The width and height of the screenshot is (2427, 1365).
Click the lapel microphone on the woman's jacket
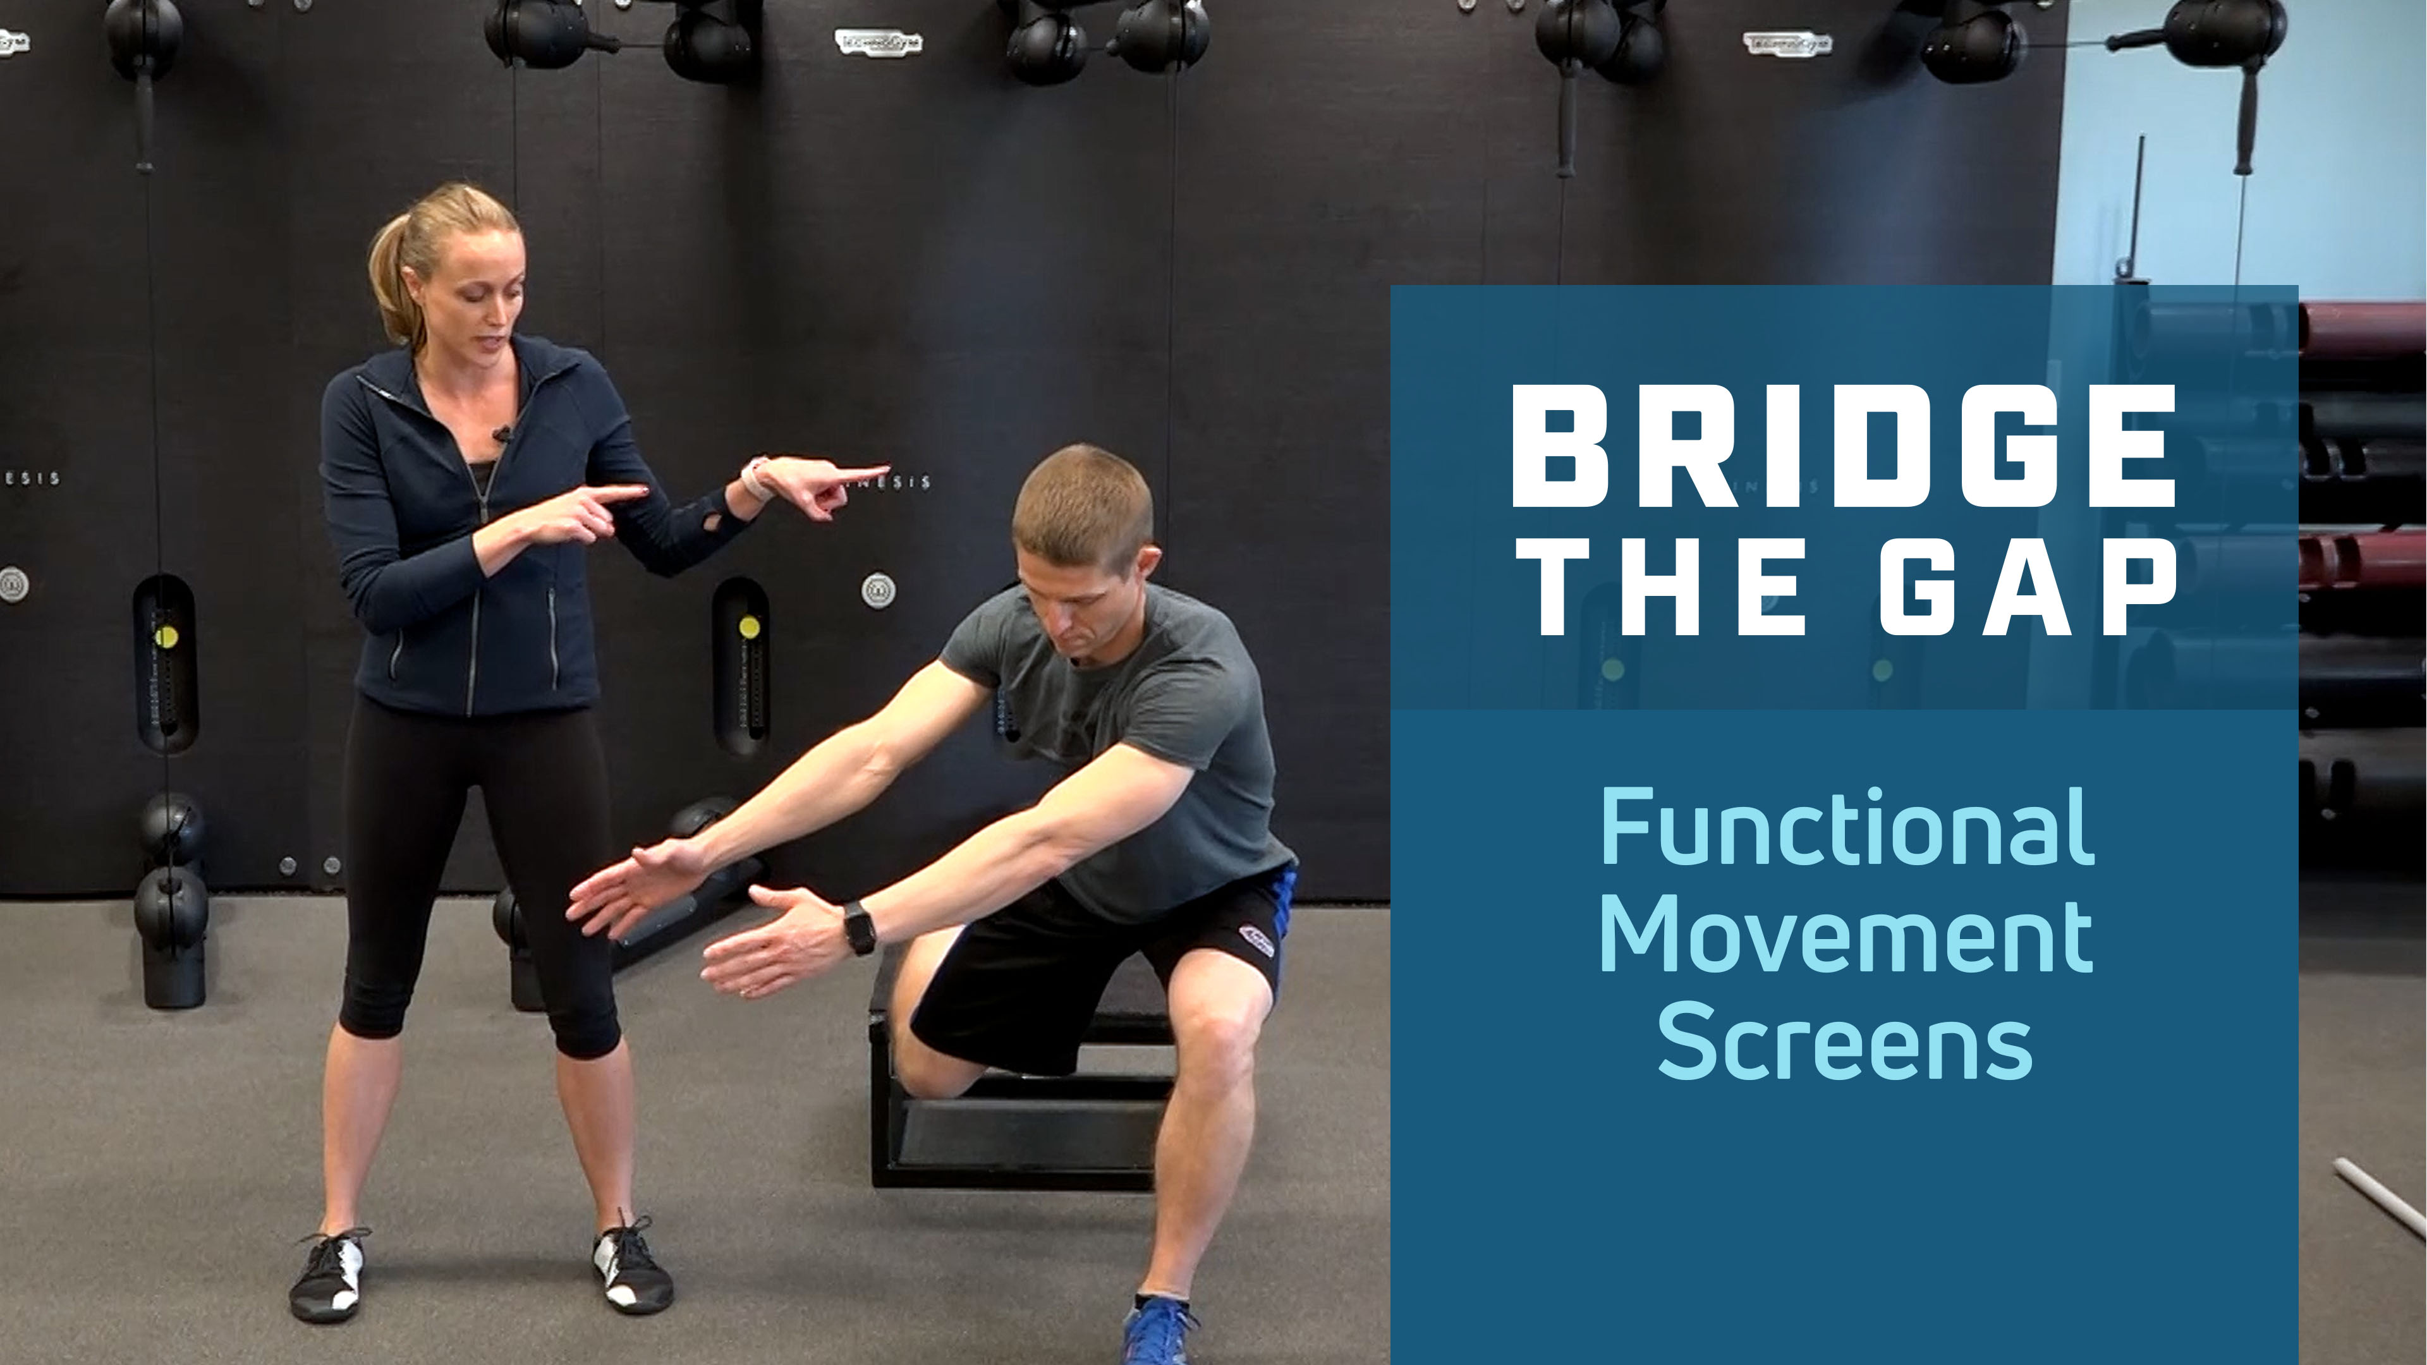tap(502, 434)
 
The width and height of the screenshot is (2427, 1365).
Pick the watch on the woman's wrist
tap(756, 478)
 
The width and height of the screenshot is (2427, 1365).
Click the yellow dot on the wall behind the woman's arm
tap(749, 626)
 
